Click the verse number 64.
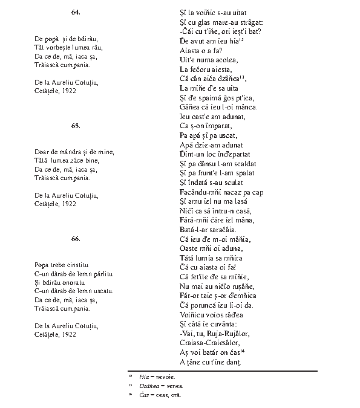(76, 12)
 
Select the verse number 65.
(76, 125)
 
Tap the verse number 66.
(76, 239)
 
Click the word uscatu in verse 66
(100, 291)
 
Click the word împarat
(217, 125)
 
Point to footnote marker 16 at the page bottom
(131, 395)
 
